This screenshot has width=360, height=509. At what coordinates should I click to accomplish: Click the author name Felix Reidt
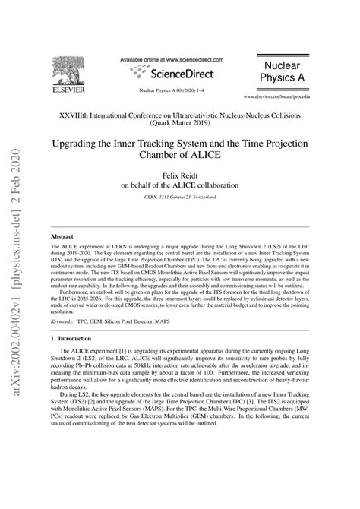[179, 173]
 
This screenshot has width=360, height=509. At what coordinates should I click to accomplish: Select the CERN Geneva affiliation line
[179, 197]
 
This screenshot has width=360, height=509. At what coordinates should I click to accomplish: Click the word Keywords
[64, 343]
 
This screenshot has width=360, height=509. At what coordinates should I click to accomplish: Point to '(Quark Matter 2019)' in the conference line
[179, 122]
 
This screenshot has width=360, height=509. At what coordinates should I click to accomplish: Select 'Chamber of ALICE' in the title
[179, 154]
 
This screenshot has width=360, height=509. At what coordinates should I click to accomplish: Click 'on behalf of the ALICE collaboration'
[179, 184]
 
